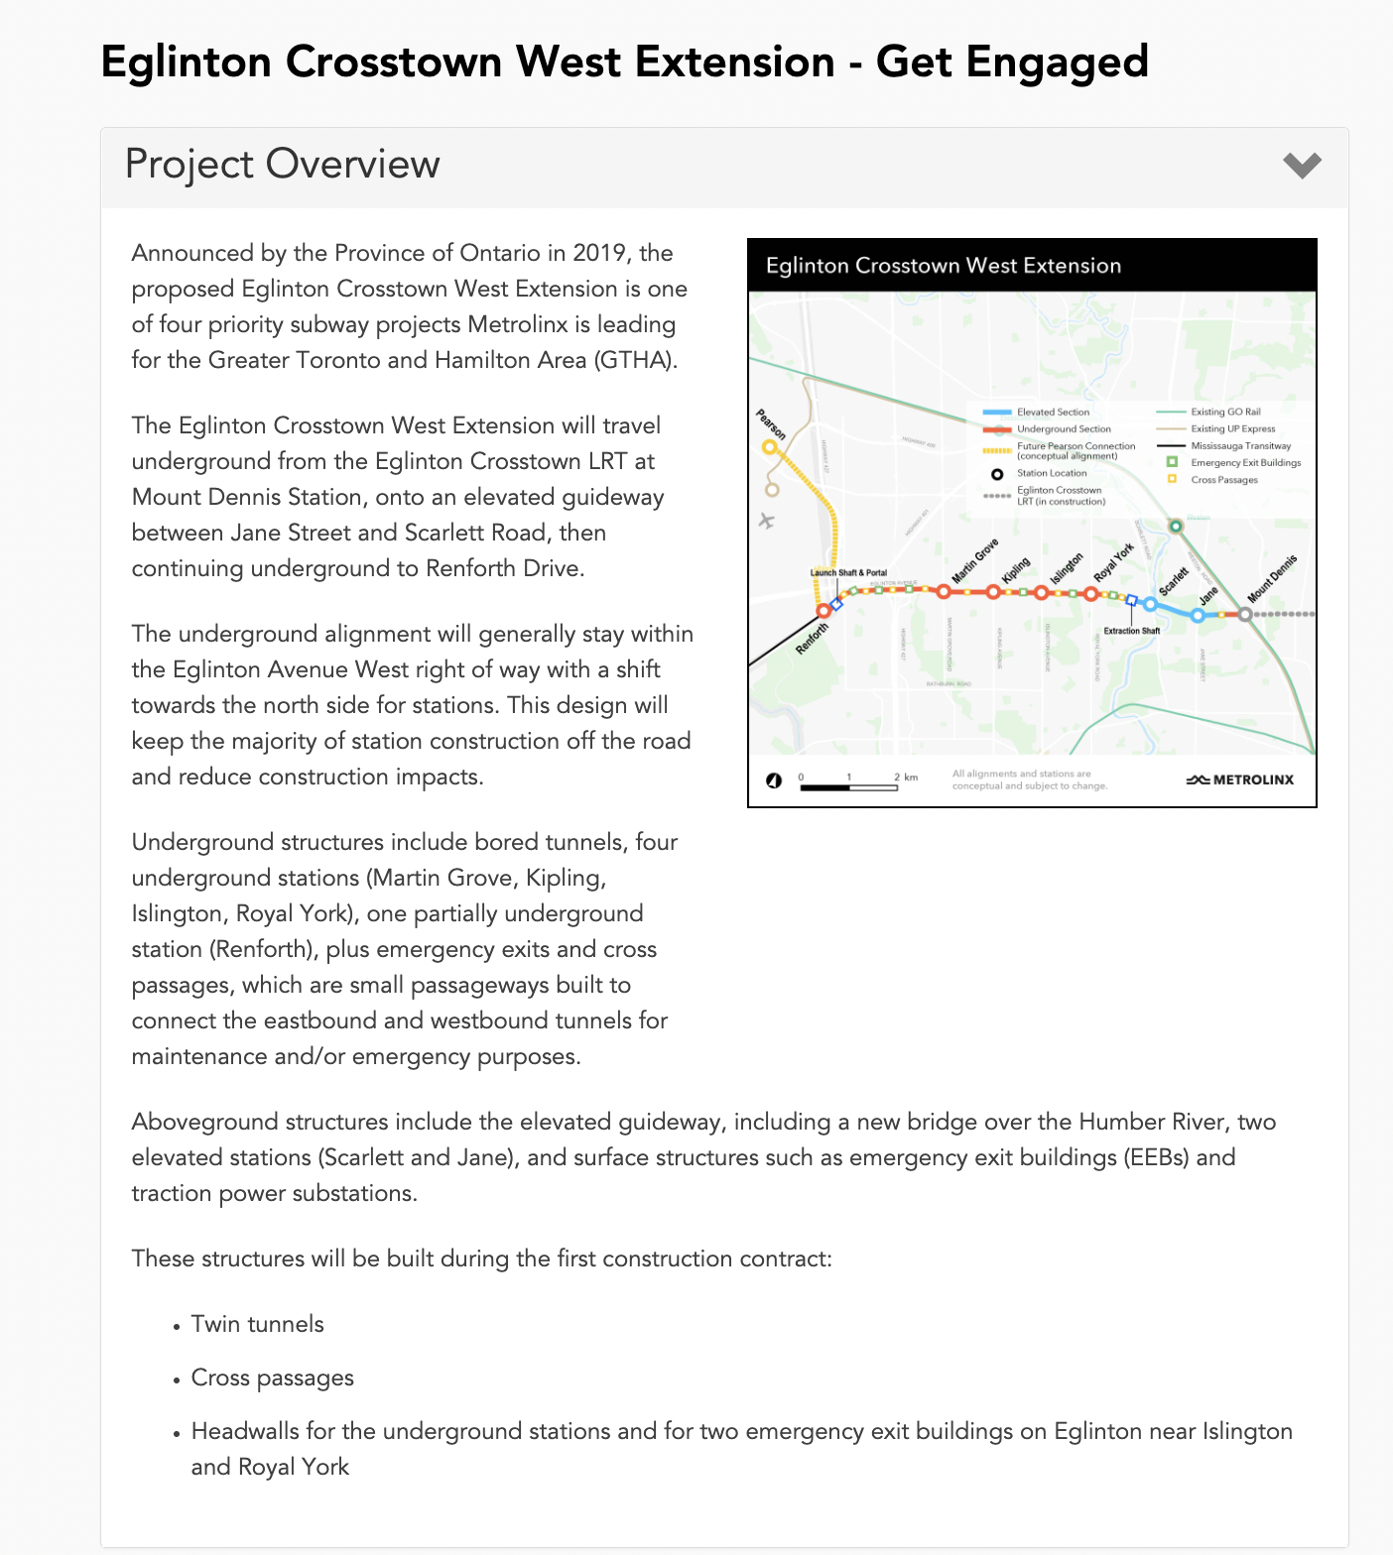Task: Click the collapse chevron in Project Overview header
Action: (x=1302, y=165)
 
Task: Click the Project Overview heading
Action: (x=283, y=165)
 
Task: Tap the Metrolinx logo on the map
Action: (x=1240, y=779)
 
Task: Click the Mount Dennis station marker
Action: (x=1245, y=615)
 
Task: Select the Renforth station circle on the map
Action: (x=823, y=611)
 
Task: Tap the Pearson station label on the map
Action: (x=771, y=424)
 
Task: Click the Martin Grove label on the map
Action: (x=974, y=562)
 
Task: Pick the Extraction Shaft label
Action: (x=1131, y=631)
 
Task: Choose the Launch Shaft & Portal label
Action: (x=848, y=572)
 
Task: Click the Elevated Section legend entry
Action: (x=1052, y=413)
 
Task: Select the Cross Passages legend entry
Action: (x=1223, y=480)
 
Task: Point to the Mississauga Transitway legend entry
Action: (x=1240, y=446)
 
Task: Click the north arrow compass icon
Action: (x=774, y=780)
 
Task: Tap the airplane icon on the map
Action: (x=766, y=520)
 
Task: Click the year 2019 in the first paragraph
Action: (x=599, y=253)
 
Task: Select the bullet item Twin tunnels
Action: (x=257, y=1324)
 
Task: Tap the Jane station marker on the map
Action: (x=1198, y=616)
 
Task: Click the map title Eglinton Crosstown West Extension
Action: (x=943, y=266)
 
